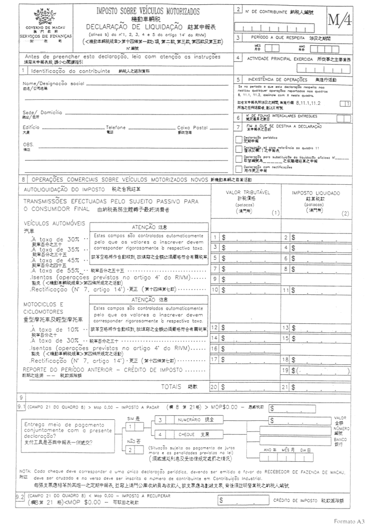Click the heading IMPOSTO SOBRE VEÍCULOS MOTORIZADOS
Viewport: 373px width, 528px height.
(149, 10)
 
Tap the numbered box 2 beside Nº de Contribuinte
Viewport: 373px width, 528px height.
(239, 9)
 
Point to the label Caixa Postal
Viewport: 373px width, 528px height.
(193, 128)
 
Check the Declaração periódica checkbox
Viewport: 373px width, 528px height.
(239, 139)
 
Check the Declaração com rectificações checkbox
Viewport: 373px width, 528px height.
(239, 168)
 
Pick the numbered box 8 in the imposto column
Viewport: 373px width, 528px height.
(286, 269)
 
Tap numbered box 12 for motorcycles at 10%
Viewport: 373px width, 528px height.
(214, 328)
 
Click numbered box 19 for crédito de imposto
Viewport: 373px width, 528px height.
(286, 371)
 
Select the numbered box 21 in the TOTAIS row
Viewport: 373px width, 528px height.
(286, 387)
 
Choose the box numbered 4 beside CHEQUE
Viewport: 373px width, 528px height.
(160, 435)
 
